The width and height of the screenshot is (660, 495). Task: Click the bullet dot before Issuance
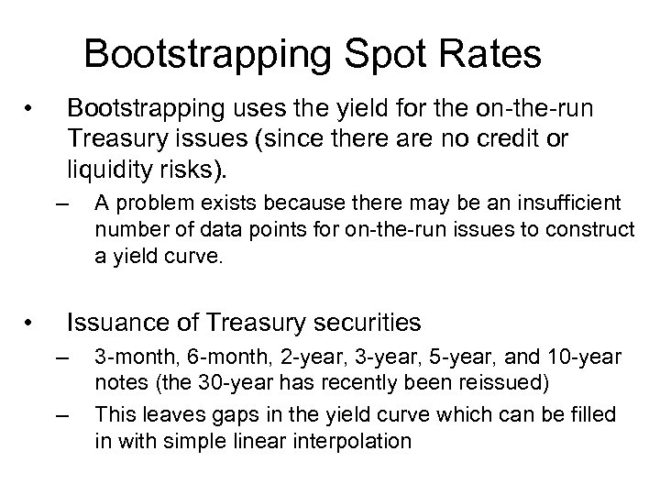[30, 324]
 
